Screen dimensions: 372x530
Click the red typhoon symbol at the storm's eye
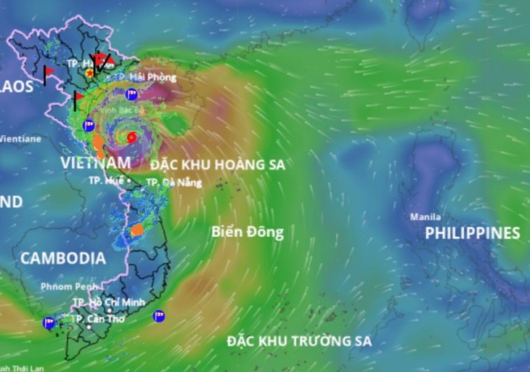click(131, 137)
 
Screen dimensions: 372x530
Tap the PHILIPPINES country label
click(472, 233)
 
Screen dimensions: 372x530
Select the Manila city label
click(425, 217)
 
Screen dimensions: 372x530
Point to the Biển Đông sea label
click(248, 232)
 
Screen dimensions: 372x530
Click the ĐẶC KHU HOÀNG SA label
click(218, 165)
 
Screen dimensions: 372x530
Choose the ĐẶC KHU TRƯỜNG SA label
click(299, 341)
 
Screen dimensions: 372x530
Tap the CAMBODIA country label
click(63, 258)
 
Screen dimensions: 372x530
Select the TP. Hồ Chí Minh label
click(109, 302)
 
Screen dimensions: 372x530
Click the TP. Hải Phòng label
click(152, 76)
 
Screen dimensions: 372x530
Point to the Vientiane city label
click(20, 138)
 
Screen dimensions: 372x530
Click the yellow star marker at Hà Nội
click(89, 73)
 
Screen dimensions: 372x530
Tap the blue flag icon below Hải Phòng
click(132, 94)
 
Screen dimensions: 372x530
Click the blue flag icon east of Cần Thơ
click(158, 316)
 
